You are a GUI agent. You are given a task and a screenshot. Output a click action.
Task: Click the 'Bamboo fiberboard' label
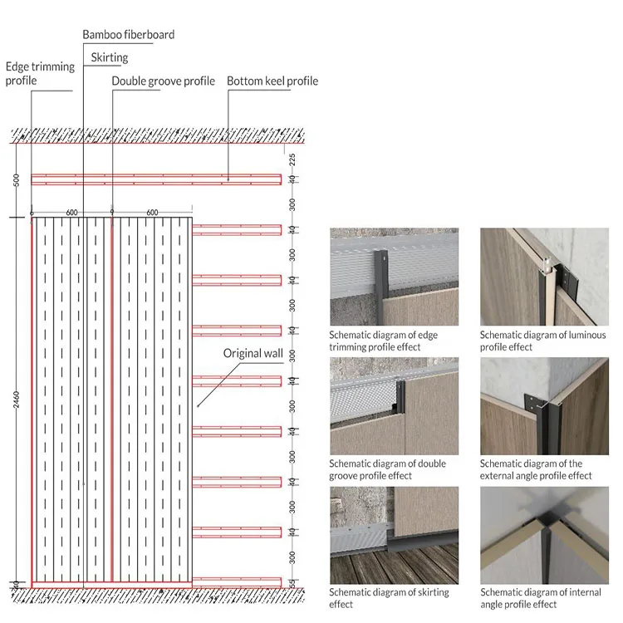click(x=128, y=35)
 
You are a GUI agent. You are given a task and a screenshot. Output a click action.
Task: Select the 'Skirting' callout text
click(x=108, y=57)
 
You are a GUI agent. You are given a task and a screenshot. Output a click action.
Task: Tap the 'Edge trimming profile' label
click(x=40, y=73)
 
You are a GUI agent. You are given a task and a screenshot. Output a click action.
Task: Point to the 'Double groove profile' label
click(x=163, y=81)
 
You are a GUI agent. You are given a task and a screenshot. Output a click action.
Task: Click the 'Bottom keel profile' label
click(x=272, y=81)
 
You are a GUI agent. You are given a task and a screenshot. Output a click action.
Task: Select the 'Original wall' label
click(x=253, y=354)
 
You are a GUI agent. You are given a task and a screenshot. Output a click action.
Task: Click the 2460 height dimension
click(x=17, y=400)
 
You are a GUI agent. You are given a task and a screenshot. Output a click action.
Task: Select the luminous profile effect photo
click(x=544, y=277)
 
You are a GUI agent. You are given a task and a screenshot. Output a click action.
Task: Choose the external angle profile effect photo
click(x=544, y=405)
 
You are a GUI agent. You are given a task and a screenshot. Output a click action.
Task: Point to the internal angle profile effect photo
click(x=544, y=535)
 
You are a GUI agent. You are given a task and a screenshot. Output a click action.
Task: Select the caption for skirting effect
click(x=389, y=598)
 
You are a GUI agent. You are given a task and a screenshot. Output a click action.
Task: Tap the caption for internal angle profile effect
click(x=540, y=598)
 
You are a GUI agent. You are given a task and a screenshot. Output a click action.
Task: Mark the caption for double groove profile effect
click(x=387, y=469)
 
